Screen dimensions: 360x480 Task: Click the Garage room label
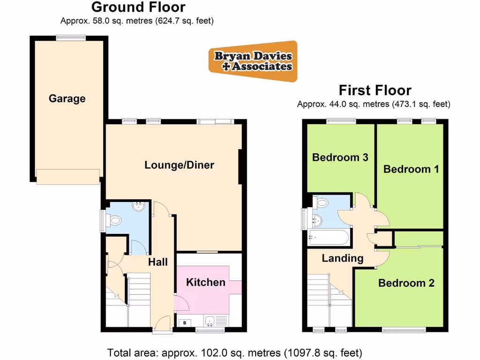[x=67, y=99]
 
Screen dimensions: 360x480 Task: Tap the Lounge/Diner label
[x=179, y=165]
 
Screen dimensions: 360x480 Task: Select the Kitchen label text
[x=206, y=282]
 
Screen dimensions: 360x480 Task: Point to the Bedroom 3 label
[x=340, y=157]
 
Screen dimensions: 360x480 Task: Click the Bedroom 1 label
[x=411, y=169]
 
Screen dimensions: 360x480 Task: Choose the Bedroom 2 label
[x=406, y=283]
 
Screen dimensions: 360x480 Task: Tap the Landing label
[x=343, y=258]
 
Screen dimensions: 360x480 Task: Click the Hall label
[x=158, y=262]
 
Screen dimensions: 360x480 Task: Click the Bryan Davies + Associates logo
[x=253, y=61]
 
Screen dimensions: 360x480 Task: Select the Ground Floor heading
[x=138, y=7]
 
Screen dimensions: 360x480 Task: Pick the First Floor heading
[x=375, y=90]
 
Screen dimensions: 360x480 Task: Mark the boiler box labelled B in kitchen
[x=185, y=322]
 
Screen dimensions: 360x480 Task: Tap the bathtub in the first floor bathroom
[x=329, y=238]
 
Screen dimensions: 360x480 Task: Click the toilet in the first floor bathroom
[x=322, y=202]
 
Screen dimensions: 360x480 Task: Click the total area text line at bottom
[x=235, y=352]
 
